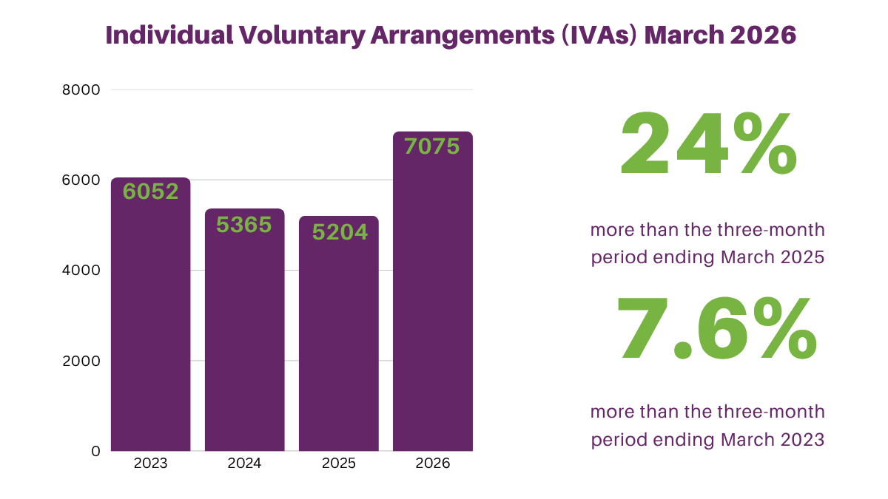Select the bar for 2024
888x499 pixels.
coord(244,340)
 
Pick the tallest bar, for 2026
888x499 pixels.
coord(432,296)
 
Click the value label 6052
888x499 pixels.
coord(151,191)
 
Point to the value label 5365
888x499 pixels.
coord(244,224)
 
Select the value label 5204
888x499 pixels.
coord(340,232)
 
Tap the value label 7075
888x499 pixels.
coord(432,146)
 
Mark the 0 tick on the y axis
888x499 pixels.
coord(95,451)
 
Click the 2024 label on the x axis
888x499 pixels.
coord(244,464)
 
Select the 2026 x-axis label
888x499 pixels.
coord(432,464)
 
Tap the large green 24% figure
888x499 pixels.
coord(708,144)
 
